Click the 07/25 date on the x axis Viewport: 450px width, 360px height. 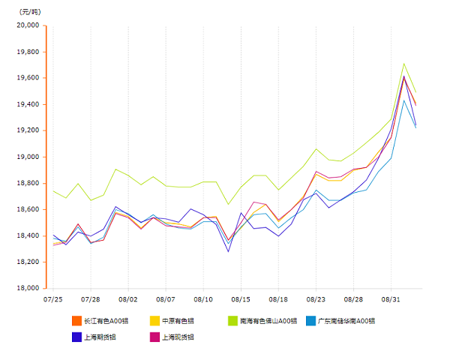coord(52,298)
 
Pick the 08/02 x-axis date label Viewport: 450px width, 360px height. coord(127,298)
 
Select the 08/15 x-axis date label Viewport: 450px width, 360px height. coord(241,298)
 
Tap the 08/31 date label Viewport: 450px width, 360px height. coord(391,298)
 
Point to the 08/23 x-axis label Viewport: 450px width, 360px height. coord(316,298)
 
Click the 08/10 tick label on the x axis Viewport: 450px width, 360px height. coord(203,298)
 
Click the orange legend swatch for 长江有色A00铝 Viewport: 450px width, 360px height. coord(76,321)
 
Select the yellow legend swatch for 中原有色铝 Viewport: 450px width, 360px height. coord(155,321)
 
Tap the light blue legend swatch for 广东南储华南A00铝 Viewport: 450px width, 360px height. coord(311,321)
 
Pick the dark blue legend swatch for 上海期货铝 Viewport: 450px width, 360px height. coord(76,337)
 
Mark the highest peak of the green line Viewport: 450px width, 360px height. coord(404,63)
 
